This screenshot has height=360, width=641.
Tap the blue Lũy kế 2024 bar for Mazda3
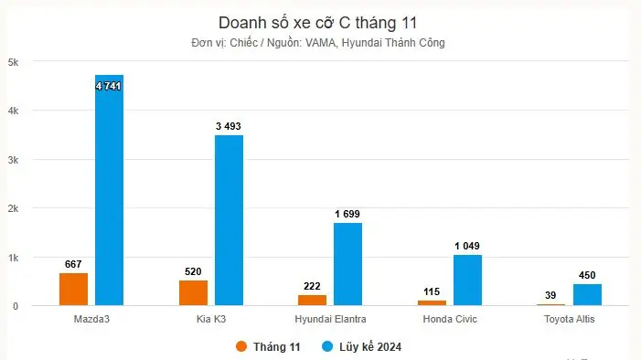click(109, 192)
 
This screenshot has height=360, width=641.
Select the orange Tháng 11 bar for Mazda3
click(74, 289)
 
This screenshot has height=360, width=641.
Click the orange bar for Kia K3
click(193, 292)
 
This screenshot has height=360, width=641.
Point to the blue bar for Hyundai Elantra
click(347, 265)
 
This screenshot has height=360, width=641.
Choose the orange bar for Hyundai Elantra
click(312, 300)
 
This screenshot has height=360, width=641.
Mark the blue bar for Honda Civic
click(467, 281)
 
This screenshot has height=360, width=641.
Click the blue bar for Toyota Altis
click(587, 295)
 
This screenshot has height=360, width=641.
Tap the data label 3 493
click(229, 126)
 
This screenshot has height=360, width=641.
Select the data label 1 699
click(347, 214)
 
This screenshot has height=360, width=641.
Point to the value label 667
click(74, 264)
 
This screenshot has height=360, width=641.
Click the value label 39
click(550, 295)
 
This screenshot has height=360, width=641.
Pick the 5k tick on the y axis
click(14, 62)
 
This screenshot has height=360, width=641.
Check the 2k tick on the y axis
click(14, 208)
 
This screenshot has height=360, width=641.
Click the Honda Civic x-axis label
click(450, 319)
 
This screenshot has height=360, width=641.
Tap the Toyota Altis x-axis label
click(569, 319)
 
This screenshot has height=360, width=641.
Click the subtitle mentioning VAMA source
click(319, 43)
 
